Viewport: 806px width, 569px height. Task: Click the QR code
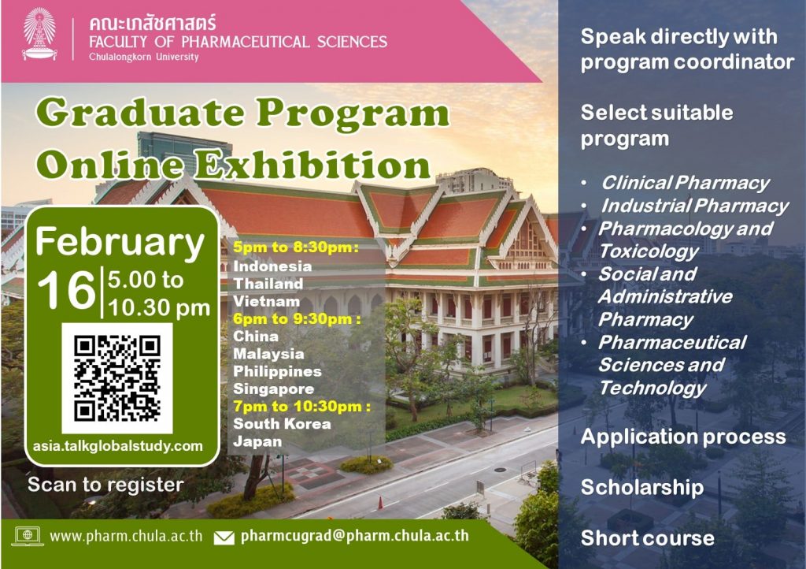click(x=117, y=378)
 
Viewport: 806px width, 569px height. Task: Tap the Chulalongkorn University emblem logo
click(x=39, y=35)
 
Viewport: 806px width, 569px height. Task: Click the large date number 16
click(x=67, y=291)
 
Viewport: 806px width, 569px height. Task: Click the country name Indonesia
click(x=272, y=266)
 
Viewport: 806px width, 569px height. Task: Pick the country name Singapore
click(x=273, y=389)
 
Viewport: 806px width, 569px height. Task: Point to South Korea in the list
click(x=283, y=424)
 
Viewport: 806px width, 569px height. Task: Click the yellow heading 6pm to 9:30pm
click(x=297, y=319)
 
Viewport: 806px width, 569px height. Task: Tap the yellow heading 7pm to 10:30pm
click(x=301, y=407)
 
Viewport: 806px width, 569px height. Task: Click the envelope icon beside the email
click(x=224, y=537)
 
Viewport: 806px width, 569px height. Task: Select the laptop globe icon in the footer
click(x=28, y=536)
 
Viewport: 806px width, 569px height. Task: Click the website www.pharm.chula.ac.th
click(x=126, y=536)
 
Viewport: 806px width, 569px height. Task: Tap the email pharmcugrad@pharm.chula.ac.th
click(x=355, y=536)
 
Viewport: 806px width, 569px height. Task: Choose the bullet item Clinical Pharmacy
click(x=686, y=183)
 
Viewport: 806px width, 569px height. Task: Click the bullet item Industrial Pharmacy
click(x=695, y=206)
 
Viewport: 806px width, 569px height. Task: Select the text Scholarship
click(x=642, y=487)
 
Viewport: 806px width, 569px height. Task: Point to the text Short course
click(x=648, y=538)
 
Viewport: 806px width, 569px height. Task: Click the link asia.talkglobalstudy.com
click(x=118, y=446)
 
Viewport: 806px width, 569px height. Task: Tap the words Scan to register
click(x=106, y=485)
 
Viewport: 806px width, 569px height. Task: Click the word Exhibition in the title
click(x=314, y=165)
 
